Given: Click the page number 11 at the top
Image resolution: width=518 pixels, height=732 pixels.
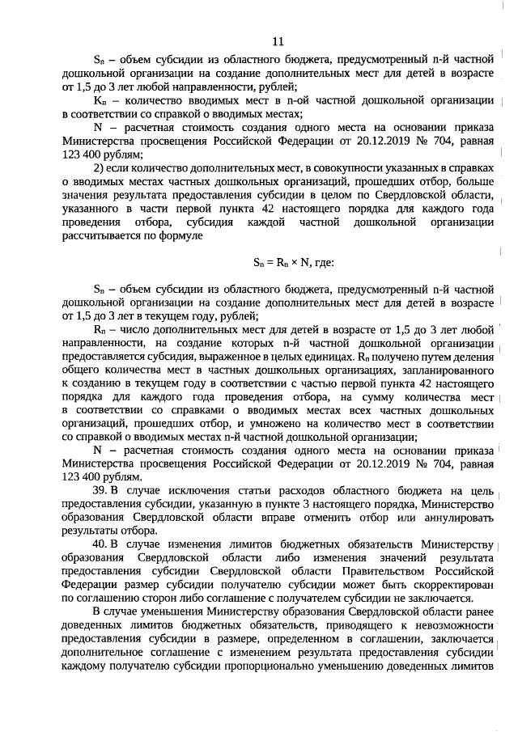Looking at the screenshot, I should point(278,41).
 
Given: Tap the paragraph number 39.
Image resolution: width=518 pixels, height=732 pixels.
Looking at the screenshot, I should point(101,493).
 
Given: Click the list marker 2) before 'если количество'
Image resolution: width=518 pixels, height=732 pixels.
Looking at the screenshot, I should point(100,167).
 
